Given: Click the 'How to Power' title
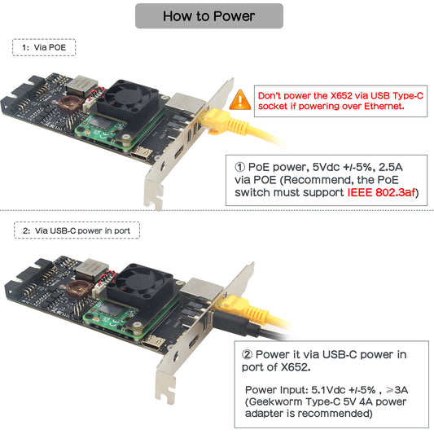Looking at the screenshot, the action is pos(209,16).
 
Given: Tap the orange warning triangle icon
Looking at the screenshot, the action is pos(240,99).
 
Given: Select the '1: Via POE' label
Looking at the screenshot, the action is pos(44,47).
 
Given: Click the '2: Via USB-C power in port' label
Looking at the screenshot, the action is pos(77,230).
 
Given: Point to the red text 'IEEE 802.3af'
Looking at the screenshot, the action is pos(382,192).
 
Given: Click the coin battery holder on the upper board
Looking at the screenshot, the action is pos(70,103).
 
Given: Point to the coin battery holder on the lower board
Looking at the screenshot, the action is pos(80,288).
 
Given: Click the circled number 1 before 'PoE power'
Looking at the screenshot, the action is pos(240,167).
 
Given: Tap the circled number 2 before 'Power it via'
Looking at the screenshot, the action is pos(248,354).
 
